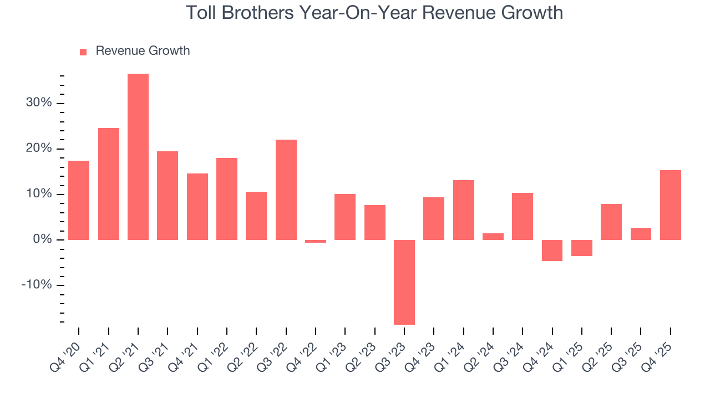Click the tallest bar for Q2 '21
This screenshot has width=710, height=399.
click(138, 157)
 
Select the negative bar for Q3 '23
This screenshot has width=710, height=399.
click(404, 282)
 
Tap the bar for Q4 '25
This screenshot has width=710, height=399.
click(671, 205)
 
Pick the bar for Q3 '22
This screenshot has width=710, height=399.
click(286, 190)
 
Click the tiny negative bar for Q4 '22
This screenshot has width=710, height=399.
click(316, 241)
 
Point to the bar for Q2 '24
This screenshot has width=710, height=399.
click(493, 237)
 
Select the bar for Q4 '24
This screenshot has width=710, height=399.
click(552, 250)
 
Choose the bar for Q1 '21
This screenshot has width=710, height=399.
click(109, 184)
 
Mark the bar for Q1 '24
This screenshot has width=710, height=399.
click(464, 210)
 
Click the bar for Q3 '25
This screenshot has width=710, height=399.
click(641, 234)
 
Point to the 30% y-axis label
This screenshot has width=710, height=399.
click(38, 103)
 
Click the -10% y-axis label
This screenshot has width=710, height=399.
click(37, 285)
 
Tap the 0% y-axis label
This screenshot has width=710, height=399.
click(42, 239)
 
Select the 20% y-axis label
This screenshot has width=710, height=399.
click(38, 149)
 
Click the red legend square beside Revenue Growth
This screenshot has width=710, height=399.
click(83, 52)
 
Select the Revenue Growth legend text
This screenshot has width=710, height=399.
click(143, 51)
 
